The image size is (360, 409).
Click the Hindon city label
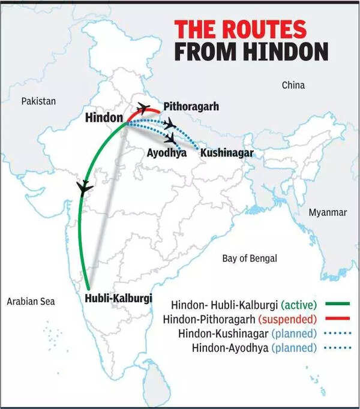point(104,118)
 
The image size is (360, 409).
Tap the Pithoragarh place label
point(191,107)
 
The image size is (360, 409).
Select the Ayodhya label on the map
point(166,153)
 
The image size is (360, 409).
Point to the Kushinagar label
point(226,153)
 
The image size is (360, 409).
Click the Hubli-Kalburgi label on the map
point(118,298)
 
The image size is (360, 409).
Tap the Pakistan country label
point(38,101)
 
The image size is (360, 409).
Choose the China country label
point(293,85)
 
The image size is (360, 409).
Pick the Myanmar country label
point(327,213)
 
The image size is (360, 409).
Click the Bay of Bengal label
point(250,258)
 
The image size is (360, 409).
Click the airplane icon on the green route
point(85,188)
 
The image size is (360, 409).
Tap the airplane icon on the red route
point(143,108)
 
